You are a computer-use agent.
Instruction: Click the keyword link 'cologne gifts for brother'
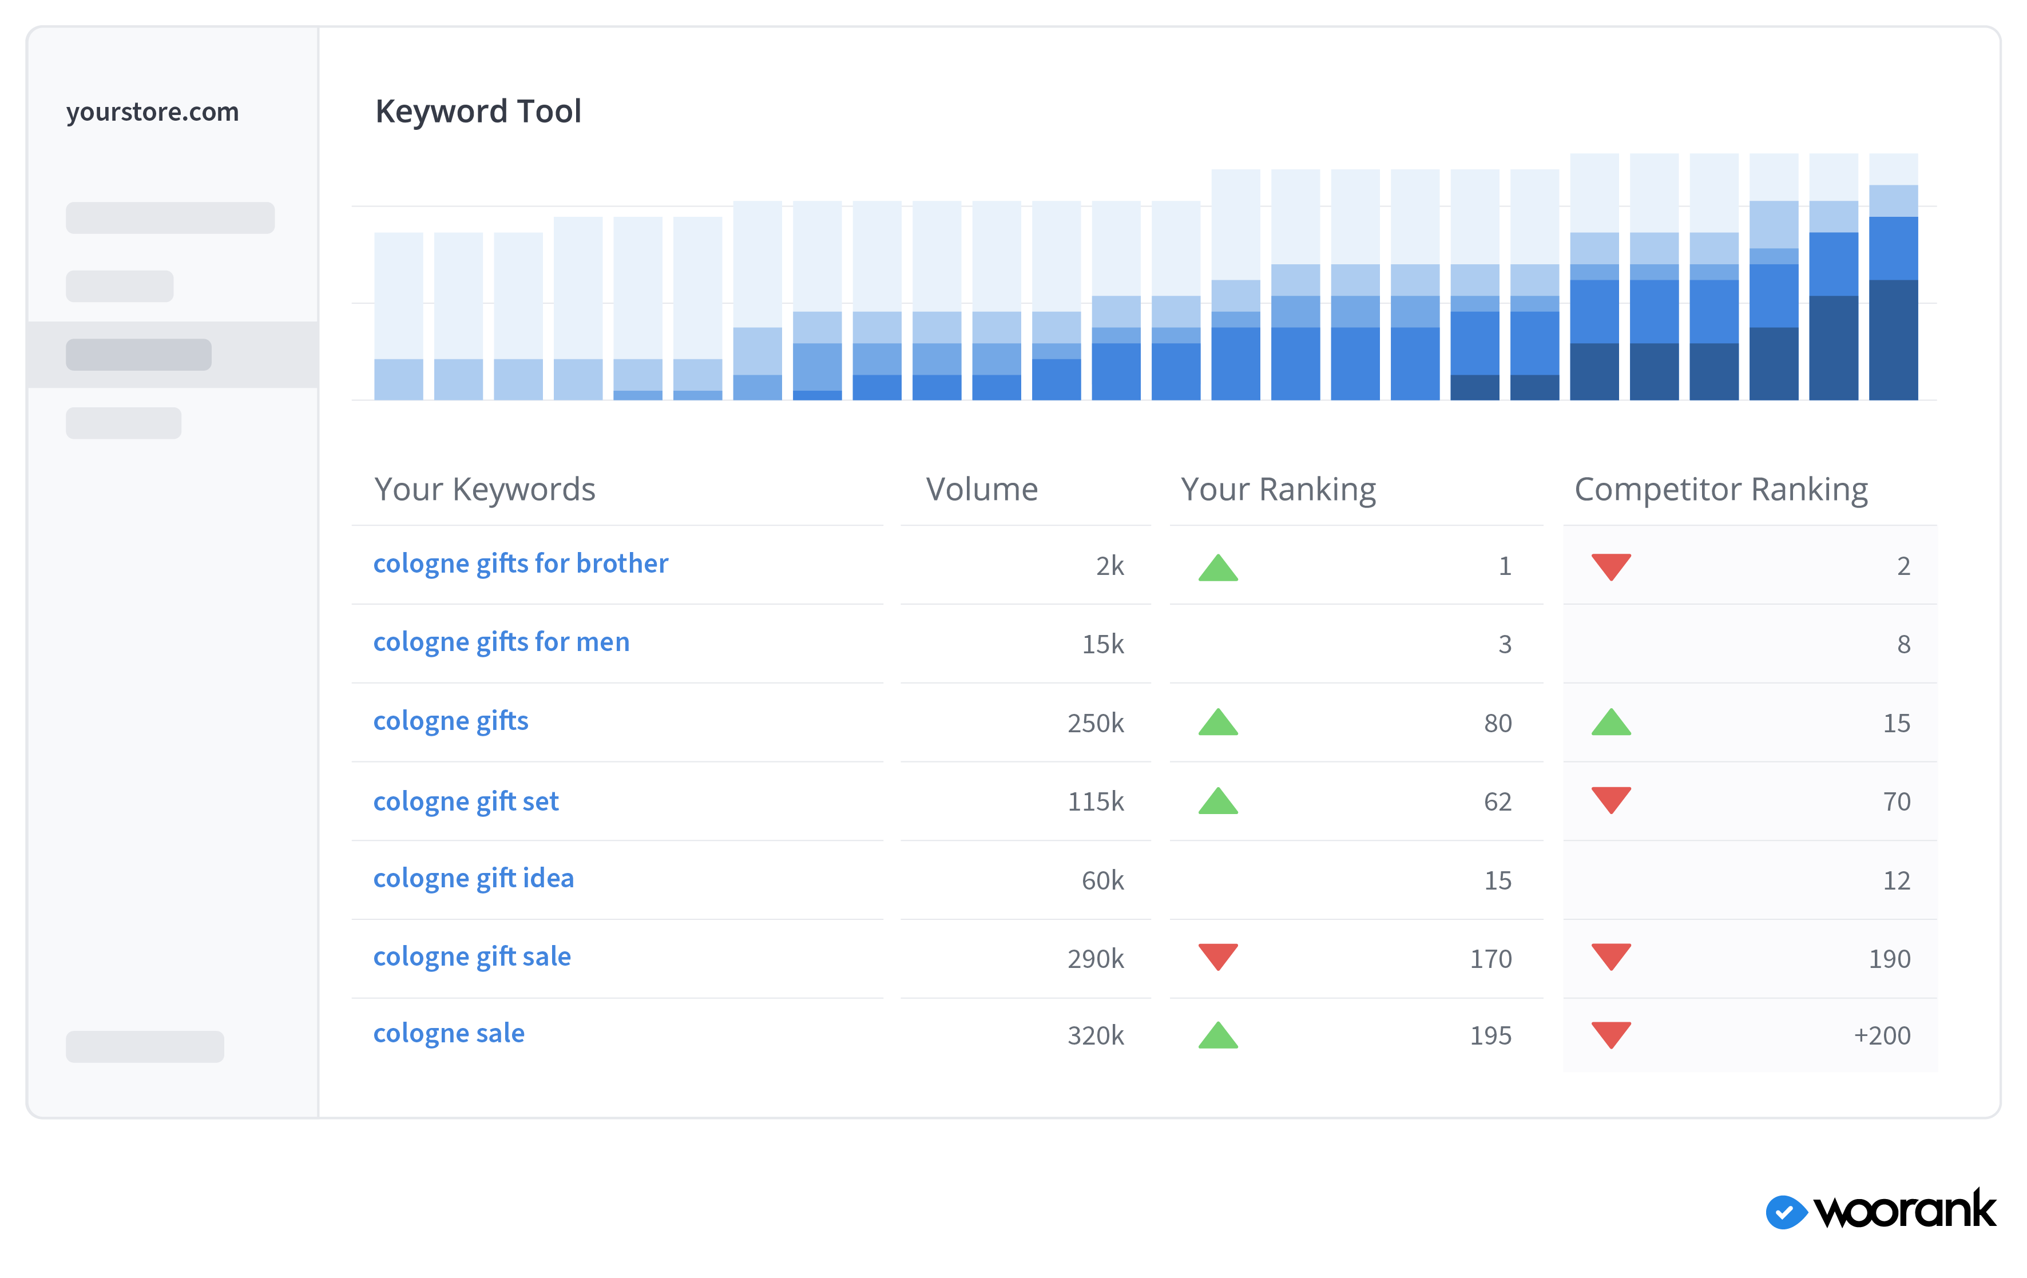coord(520,563)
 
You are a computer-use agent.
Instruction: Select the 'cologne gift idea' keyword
coord(473,878)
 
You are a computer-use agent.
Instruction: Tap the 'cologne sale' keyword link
coord(449,1033)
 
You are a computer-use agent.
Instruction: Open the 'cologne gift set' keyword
coord(466,801)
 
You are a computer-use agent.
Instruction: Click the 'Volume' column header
coord(982,489)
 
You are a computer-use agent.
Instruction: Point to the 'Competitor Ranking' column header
coord(1720,489)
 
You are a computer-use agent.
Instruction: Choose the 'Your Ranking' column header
coord(1278,489)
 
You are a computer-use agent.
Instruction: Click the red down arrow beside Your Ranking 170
coord(1217,956)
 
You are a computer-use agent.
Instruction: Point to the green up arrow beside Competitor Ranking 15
coord(1611,723)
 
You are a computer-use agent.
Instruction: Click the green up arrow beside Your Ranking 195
coord(1217,1035)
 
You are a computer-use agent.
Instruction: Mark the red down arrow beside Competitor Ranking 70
coord(1611,800)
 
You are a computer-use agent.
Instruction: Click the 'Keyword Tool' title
coord(478,111)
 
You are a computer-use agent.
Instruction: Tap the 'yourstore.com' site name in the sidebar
coord(152,112)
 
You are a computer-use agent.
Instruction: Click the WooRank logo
coord(1881,1210)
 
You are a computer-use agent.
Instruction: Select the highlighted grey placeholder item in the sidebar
coord(139,355)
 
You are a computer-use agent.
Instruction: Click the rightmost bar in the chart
coord(1893,278)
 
